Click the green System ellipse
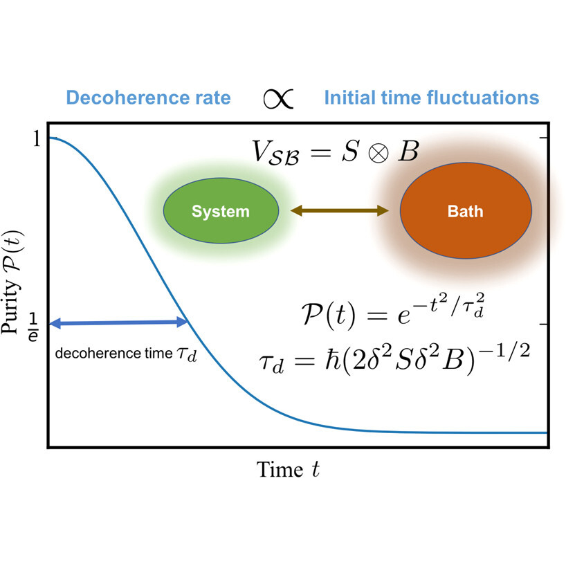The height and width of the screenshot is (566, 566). pyautogui.click(x=221, y=211)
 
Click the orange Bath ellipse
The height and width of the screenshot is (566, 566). pyautogui.click(x=466, y=211)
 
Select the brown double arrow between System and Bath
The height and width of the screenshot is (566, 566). pyautogui.click(x=339, y=210)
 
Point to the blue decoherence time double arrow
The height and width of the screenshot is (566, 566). pyautogui.click(x=118, y=322)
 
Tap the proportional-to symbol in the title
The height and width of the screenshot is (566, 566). pyautogui.click(x=278, y=98)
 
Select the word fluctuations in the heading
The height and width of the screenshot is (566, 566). pyautogui.click(x=483, y=98)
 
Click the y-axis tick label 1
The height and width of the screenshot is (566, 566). pyautogui.click(x=37, y=138)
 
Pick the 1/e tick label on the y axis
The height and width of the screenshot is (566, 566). pyautogui.click(x=33, y=327)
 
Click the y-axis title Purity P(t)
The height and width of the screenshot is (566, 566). pyautogui.click(x=12, y=282)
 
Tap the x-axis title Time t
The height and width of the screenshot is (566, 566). pyautogui.click(x=288, y=470)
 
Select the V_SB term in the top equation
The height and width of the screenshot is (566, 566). pyautogui.click(x=276, y=153)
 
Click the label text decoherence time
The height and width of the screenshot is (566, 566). pyautogui.click(x=113, y=354)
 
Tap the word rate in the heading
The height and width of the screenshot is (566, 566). pyautogui.click(x=213, y=98)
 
